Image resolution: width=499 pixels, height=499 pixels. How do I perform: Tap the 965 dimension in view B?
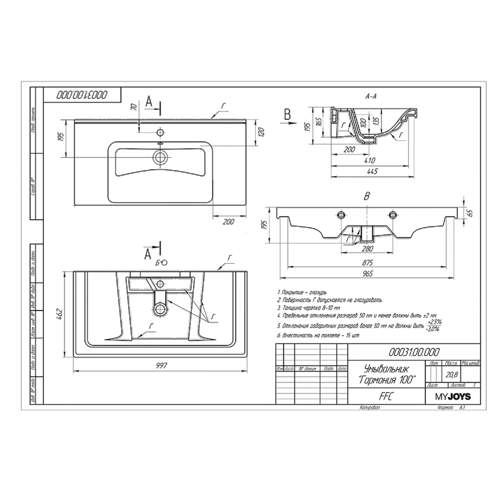tap(368, 273)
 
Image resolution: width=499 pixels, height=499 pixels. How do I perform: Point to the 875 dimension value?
tap(367, 263)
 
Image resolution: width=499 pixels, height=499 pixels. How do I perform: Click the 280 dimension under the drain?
tap(367, 249)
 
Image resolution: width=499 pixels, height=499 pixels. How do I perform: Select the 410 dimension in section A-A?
tap(370, 160)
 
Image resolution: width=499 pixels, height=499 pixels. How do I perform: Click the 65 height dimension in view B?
tap(470, 213)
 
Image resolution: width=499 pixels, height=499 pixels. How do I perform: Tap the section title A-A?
tap(371, 97)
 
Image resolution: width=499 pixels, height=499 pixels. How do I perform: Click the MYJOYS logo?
tap(453, 397)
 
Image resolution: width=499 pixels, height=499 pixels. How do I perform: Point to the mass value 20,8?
tap(452, 375)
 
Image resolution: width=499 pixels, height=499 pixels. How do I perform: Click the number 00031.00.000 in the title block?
tap(414, 352)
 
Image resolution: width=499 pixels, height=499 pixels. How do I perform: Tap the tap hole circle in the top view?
tap(160, 132)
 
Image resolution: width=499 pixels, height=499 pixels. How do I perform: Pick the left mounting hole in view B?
tap(341, 215)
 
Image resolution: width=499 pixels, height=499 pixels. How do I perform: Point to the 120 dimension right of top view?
tap(261, 132)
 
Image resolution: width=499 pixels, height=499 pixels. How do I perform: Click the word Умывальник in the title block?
tap(387, 369)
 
